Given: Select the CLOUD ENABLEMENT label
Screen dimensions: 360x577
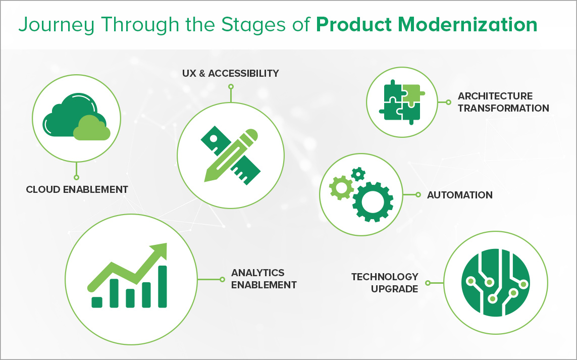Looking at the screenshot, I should (77, 190).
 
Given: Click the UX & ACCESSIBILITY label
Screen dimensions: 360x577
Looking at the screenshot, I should (230, 73).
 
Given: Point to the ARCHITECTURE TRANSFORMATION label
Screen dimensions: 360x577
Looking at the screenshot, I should (503, 102).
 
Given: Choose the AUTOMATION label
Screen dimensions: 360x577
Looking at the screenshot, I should (459, 195).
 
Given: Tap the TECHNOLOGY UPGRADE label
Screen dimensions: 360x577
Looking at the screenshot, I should (385, 283).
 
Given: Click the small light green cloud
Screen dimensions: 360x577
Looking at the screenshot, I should (92, 128).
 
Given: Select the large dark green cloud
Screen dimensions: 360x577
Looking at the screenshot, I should (63, 117).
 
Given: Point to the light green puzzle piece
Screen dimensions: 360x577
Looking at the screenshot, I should (411, 92).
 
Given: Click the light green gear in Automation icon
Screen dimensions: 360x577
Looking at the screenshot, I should (341, 188).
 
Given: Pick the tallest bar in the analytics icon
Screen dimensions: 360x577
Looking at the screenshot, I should (163, 286).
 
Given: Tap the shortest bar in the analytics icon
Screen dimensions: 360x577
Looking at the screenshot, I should (97, 302).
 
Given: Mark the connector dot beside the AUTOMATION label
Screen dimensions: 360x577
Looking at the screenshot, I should (418, 195).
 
